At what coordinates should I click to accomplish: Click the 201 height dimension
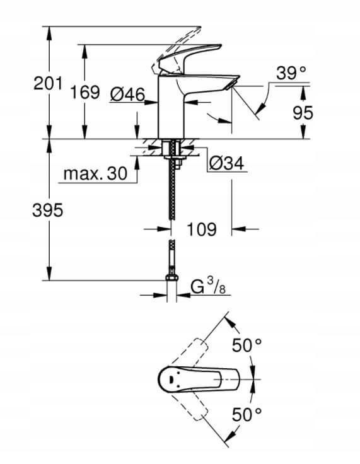tap(47, 82)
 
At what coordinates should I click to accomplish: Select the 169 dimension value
tap(84, 93)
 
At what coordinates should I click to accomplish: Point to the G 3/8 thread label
tap(207, 287)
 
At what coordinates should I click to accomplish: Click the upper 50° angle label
tap(247, 345)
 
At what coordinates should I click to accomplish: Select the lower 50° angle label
tap(247, 414)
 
